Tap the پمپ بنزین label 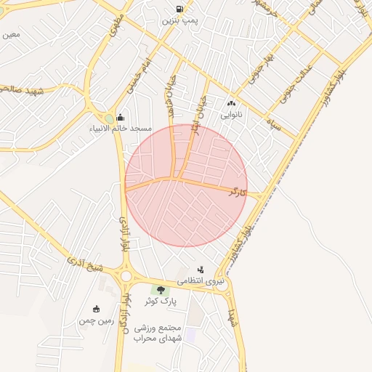(x=179, y=21)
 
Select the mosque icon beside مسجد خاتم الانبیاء (x=120, y=118)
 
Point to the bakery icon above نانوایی (x=232, y=104)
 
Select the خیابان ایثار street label (x=197, y=108)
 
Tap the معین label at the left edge (x=10, y=34)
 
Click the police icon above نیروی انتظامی (x=201, y=270)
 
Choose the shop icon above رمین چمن (x=97, y=310)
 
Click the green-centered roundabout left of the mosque (x=109, y=118)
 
